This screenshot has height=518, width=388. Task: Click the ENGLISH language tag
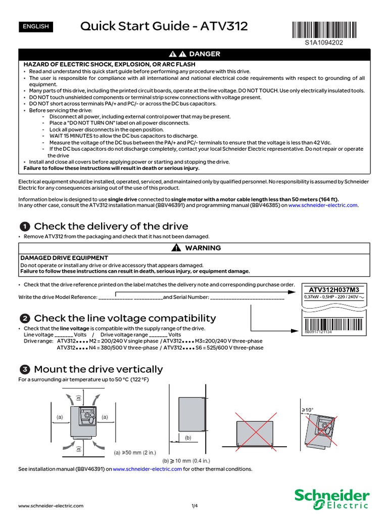[35, 26]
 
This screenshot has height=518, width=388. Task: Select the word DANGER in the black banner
[205, 54]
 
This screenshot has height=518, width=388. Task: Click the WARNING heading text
[203, 248]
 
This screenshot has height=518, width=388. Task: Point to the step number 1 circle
[24, 226]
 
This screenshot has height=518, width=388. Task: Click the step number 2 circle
[24, 318]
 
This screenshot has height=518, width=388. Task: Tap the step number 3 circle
[24, 369]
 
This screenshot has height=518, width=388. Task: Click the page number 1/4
[194, 505]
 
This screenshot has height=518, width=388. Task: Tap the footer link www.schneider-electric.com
[51, 505]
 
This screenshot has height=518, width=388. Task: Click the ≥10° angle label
[308, 409]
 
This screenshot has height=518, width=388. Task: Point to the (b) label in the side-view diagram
[187, 437]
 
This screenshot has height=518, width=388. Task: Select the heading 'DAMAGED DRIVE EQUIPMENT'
[64, 258]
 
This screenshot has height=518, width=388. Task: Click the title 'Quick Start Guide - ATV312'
[164, 26]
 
